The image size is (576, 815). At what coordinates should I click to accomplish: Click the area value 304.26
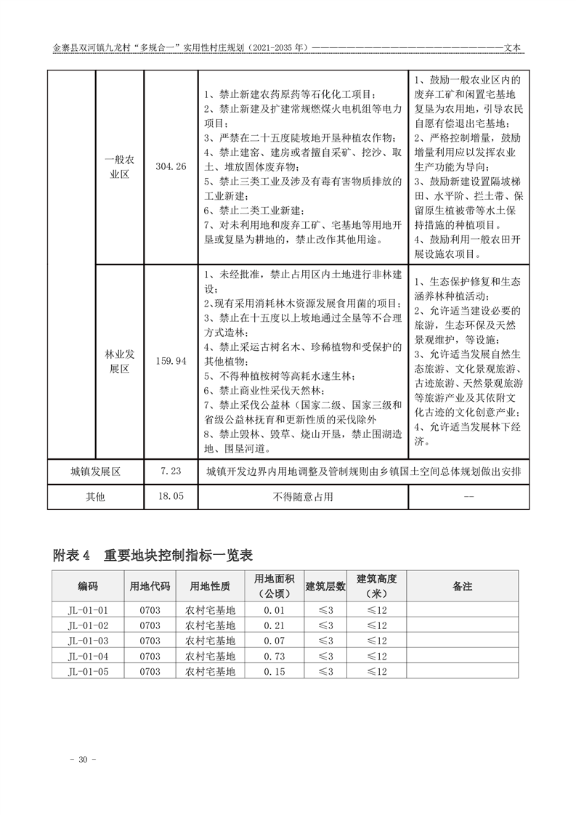(x=171, y=166)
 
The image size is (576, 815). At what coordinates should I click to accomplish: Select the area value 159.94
(x=171, y=360)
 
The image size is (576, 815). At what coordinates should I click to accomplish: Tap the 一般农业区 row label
(x=120, y=166)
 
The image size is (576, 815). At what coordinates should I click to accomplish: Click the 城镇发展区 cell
(x=95, y=471)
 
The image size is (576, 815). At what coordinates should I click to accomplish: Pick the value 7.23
(x=171, y=471)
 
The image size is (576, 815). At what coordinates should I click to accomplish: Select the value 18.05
(x=171, y=497)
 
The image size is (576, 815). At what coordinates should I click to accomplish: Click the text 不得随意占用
(x=303, y=497)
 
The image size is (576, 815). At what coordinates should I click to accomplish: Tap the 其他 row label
(x=95, y=497)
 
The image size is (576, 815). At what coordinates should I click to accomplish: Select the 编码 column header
(x=88, y=585)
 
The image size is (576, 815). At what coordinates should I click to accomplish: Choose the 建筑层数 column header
(x=325, y=585)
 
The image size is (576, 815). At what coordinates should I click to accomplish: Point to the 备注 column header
(x=462, y=585)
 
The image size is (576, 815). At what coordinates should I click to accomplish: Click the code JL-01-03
(x=88, y=641)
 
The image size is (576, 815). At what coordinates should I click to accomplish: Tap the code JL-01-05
(x=88, y=671)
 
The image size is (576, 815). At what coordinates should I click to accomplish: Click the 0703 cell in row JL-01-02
(x=150, y=625)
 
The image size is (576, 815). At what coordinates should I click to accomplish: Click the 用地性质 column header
(x=210, y=585)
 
